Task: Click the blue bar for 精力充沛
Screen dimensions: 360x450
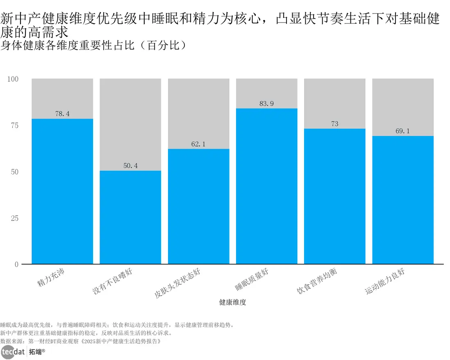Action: tap(62, 191)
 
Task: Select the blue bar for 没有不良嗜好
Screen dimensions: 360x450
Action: tap(130, 217)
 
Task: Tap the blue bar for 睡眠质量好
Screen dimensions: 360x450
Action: tap(266, 186)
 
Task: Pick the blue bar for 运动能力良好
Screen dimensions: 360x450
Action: tap(402, 200)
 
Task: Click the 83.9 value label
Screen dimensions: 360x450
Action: tap(266, 104)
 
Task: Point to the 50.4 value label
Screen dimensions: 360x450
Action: tap(130, 166)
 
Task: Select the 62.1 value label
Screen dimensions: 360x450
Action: tap(198, 144)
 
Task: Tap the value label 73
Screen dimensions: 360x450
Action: tap(334, 124)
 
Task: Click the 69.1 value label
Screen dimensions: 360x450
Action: tap(402, 131)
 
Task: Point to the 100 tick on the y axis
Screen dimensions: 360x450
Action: tap(13, 79)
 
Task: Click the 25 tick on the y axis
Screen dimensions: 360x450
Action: tap(15, 218)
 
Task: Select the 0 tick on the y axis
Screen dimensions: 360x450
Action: tap(16, 264)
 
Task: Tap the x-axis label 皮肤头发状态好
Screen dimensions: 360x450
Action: tap(178, 283)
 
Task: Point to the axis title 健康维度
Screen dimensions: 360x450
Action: tap(232, 303)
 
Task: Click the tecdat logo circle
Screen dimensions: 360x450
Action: tap(9, 352)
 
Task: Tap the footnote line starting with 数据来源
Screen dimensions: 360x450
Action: tap(80, 341)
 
